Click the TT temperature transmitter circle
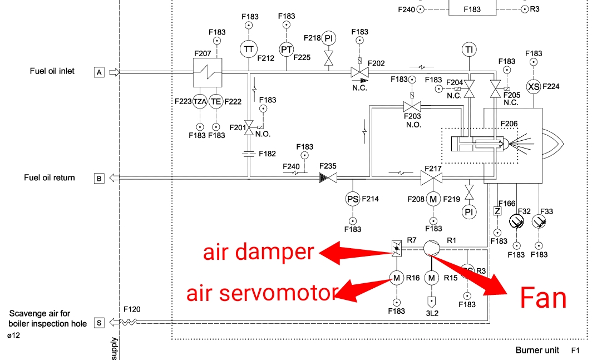click(249, 49)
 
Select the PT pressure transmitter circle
click(286, 49)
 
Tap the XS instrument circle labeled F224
click(534, 86)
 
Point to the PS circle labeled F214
click(353, 199)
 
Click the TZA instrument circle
click(200, 101)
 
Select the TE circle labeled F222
click(216, 101)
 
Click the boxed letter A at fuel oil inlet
click(99, 72)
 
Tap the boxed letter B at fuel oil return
click(99, 179)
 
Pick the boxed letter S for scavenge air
click(99, 322)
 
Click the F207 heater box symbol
click(208, 72)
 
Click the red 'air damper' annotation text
click(258, 252)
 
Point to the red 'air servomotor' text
click(262, 293)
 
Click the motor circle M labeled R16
click(396, 277)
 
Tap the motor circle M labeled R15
click(432, 277)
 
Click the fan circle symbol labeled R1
click(431, 248)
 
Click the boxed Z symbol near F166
click(497, 211)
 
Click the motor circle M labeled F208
click(433, 199)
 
